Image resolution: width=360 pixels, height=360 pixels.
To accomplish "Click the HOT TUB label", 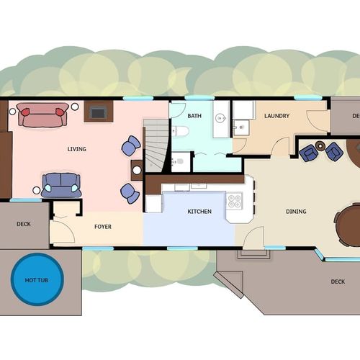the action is tap(37, 280).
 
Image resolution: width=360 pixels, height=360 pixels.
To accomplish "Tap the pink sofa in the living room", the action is tap(43, 115).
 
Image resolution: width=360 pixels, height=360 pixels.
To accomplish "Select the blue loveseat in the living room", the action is tap(61, 185).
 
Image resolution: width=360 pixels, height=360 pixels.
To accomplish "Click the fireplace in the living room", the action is tap(99, 112).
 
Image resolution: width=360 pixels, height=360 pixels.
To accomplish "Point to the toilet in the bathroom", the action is tap(181, 132).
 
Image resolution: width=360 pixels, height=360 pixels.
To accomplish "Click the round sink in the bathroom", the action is tap(220, 118).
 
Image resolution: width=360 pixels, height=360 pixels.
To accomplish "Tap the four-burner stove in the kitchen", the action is tap(234, 201).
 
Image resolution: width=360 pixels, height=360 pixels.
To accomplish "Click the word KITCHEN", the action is tap(199, 212).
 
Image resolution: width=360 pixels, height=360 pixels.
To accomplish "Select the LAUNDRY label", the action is tap(276, 116).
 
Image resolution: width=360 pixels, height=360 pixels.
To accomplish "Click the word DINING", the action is tap(296, 212).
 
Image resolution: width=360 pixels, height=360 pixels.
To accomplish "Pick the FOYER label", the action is tap(103, 227).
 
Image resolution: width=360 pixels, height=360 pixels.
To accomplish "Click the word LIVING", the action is tap(76, 149).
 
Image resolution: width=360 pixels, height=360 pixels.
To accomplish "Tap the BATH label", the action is tap(194, 116).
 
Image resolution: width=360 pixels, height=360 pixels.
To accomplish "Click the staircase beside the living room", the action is tap(156, 145).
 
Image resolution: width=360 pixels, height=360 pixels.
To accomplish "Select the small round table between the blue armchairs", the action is tap(320, 145).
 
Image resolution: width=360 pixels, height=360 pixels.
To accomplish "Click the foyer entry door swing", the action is tap(63, 233).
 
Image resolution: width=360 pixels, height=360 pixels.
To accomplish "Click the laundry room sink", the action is tap(241, 127).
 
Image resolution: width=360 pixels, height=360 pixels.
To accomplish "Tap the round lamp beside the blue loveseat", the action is tap(37, 191).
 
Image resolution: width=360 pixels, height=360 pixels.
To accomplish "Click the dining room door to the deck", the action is tap(254, 238).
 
